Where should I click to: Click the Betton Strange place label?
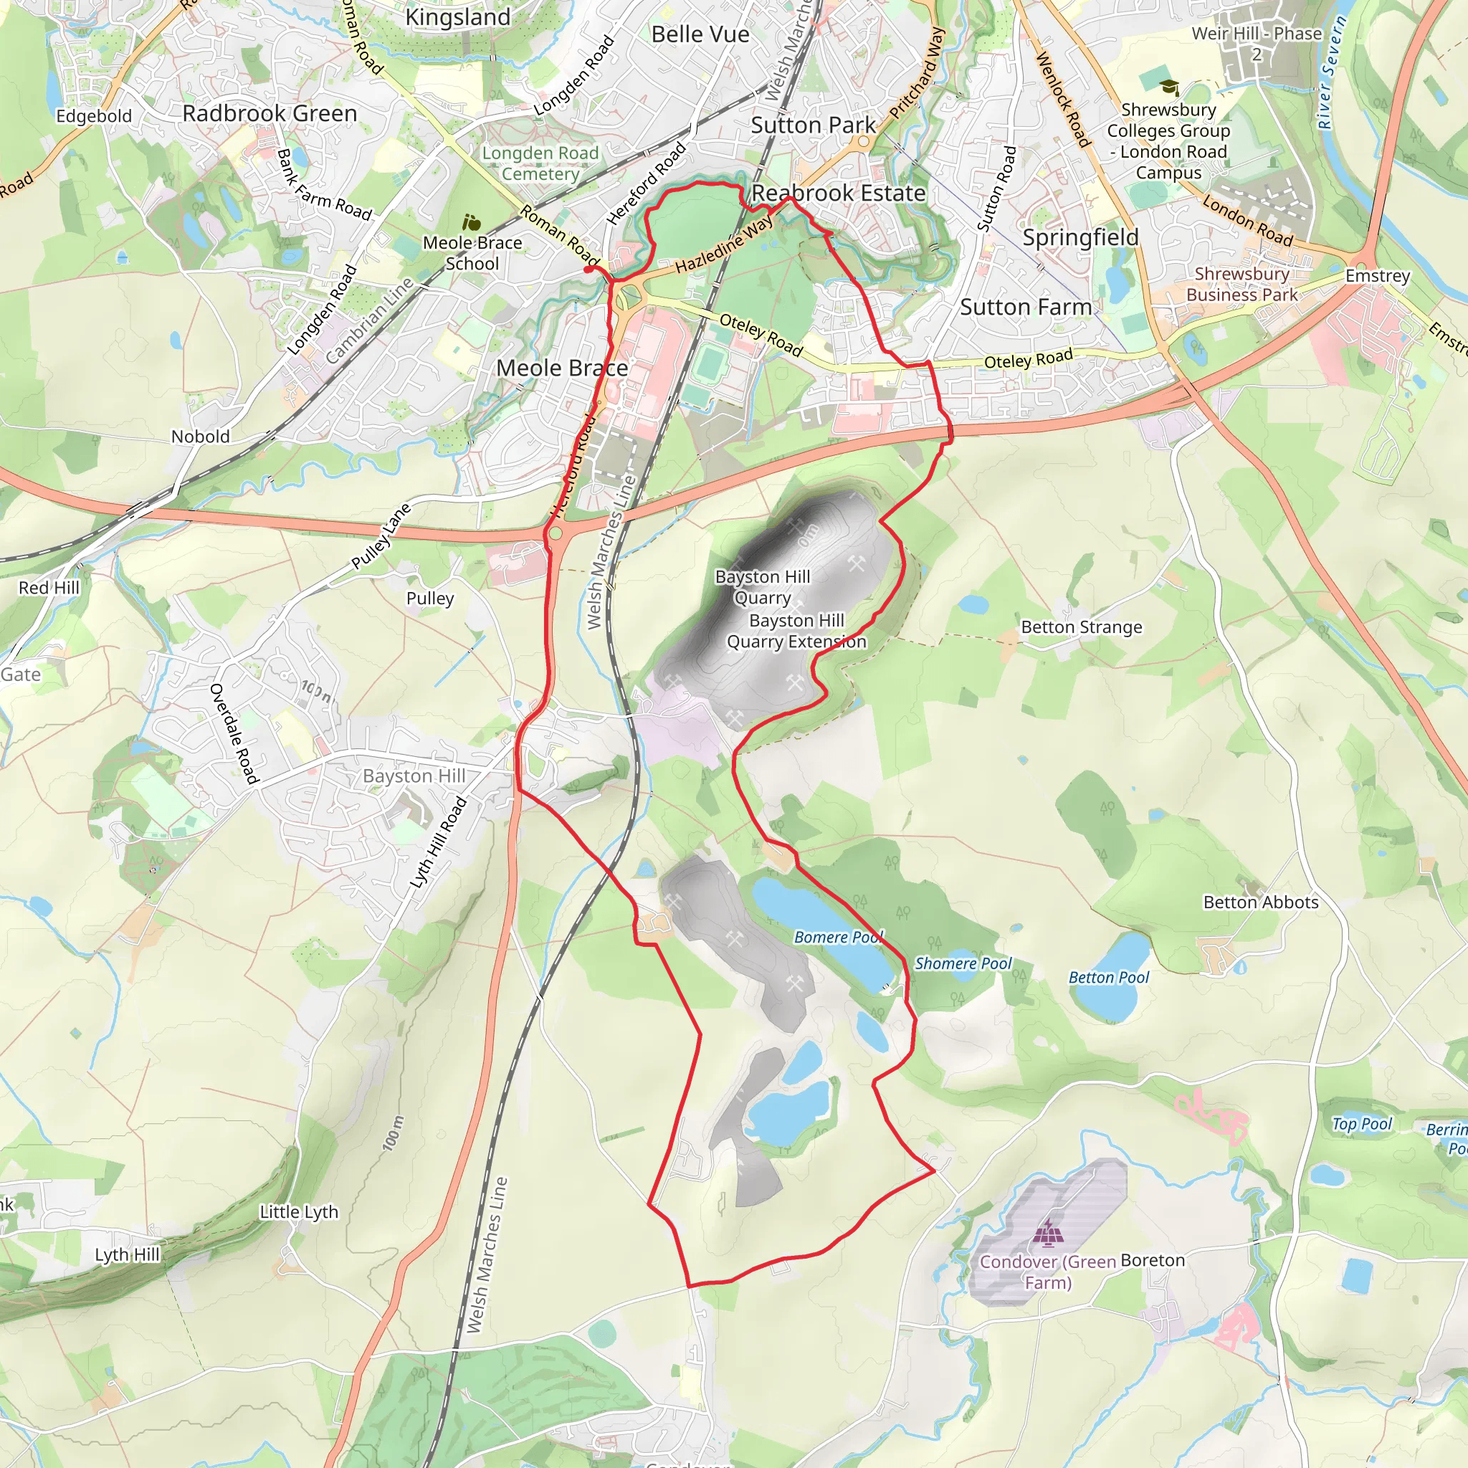point(1081,627)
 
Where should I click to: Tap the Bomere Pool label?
point(838,937)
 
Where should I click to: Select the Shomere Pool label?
point(963,963)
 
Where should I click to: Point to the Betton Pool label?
point(1109,977)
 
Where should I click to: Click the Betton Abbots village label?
point(1261,902)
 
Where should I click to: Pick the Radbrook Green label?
point(270,113)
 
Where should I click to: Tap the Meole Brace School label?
point(472,253)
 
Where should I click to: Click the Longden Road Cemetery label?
point(540,163)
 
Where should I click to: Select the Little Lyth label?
point(299,1212)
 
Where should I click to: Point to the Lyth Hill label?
point(127,1254)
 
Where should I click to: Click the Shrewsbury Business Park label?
point(1241,284)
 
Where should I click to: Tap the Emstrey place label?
point(1378,276)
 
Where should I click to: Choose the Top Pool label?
point(1362,1124)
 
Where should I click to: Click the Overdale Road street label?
point(234,733)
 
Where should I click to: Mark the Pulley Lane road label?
point(381,535)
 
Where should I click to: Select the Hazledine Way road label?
point(723,244)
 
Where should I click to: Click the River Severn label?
point(1332,73)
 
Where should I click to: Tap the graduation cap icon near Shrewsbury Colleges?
point(1168,88)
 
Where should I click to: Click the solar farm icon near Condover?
point(1048,1234)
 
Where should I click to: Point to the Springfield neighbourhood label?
point(1080,237)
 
